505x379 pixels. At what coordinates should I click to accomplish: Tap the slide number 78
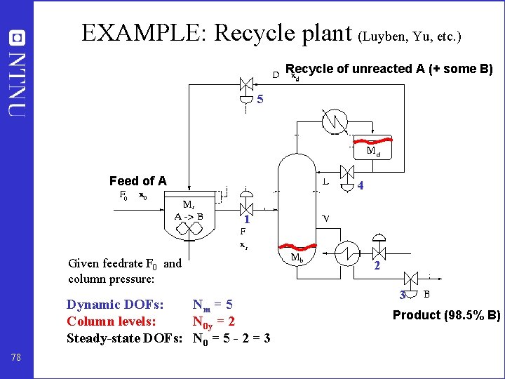click(x=17, y=358)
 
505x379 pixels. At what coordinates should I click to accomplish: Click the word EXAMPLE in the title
click(x=144, y=33)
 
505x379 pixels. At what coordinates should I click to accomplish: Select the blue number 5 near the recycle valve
click(x=260, y=100)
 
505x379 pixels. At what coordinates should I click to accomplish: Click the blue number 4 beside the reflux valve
click(x=360, y=186)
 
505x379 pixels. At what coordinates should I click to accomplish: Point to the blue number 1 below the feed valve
click(x=247, y=220)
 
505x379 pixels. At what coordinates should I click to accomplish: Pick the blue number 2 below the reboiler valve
click(x=377, y=266)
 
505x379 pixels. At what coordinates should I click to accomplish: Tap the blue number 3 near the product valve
click(x=403, y=295)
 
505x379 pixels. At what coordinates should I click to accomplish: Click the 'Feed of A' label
click(x=138, y=181)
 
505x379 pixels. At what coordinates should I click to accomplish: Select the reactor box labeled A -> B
click(x=189, y=216)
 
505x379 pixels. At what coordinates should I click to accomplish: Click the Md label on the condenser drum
click(x=373, y=151)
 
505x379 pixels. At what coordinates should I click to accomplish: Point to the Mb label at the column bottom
click(x=297, y=257)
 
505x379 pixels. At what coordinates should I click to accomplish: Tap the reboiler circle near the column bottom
click(x=346, y=253)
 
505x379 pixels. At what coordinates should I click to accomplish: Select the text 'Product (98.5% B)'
click(x=446, y=315)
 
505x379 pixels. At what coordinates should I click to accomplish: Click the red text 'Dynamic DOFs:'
click(x=115, y=305)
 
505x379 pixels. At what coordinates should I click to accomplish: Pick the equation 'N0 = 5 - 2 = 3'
click(x=231, y=338)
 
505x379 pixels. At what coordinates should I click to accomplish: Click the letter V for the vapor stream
click(x=326, y=218)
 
